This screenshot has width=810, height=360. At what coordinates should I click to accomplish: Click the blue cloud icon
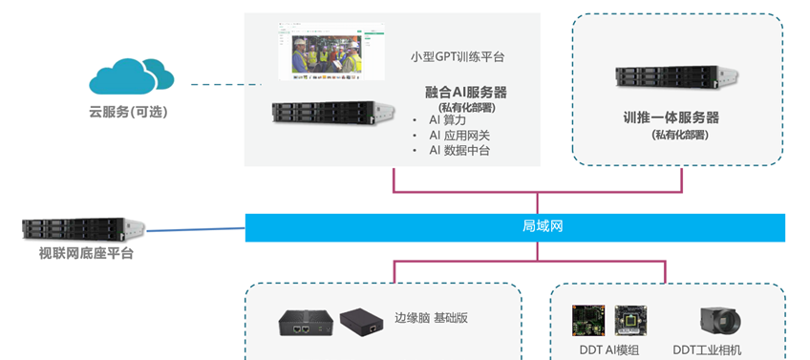tap(131, 76)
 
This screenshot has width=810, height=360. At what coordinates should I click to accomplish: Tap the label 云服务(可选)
tap(129, 112)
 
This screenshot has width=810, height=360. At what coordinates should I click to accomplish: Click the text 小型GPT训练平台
tap(458, 56)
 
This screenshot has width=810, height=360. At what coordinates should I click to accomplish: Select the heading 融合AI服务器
tap(466, 93)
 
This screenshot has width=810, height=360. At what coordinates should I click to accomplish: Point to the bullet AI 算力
tap(447, 120)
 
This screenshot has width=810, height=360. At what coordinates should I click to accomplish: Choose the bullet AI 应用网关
tap(459, 136)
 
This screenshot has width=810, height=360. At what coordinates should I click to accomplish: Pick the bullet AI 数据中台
tap(459, 150)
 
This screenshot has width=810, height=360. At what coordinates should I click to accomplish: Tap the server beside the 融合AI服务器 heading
tap(333, 113)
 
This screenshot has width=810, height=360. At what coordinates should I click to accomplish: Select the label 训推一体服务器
tap(671, 117)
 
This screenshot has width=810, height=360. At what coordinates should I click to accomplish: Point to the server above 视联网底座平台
tap(83, 229)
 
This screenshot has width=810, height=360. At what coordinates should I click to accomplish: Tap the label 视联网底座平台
tap(86, 254)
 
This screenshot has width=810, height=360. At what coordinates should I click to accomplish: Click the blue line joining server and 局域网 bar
tap(196, 229)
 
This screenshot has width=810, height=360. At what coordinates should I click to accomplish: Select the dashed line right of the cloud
tap(226, 84)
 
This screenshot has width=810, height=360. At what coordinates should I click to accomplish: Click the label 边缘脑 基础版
tap(432, 318)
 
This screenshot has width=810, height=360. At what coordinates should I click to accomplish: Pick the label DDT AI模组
tap(609, 349)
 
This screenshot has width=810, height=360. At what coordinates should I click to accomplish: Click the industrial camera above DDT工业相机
tap(721, 322)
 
